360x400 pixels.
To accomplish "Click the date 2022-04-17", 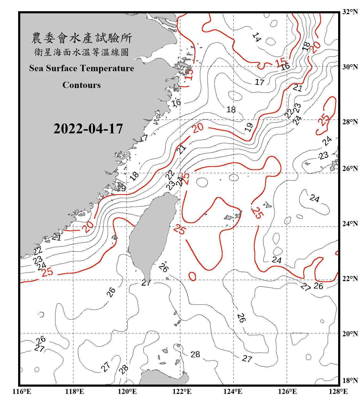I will tap(88, 129).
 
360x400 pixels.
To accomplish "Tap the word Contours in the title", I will tap(82, 85).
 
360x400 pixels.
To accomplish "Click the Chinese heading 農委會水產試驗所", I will tap(82, 38).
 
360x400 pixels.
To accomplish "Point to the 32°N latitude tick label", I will tap(350, 12).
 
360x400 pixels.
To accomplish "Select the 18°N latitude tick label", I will tap(350, 381).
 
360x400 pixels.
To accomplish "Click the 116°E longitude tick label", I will tap(22, 391).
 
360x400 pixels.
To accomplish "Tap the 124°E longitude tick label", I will tap(233, 391).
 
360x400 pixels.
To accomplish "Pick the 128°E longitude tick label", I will tap(338, 391).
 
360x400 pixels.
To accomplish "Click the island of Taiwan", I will tap(152, 235).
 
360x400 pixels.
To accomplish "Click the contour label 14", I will tap(257, 37).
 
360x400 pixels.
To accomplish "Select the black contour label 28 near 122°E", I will tap(195, 354).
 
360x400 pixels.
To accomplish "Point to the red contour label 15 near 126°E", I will tap(281, 62).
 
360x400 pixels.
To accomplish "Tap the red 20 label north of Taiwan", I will tap(198, 128).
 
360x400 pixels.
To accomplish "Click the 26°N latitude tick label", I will tap(350, 169).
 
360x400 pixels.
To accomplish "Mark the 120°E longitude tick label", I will tap(127, 391).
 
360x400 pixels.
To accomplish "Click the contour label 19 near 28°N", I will tap(249, 127).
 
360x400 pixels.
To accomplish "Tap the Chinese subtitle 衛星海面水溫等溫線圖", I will tap(81, 52).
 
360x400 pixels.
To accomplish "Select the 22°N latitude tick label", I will tap(350, 279).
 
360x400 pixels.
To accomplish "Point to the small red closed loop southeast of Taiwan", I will tap(192, 277).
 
